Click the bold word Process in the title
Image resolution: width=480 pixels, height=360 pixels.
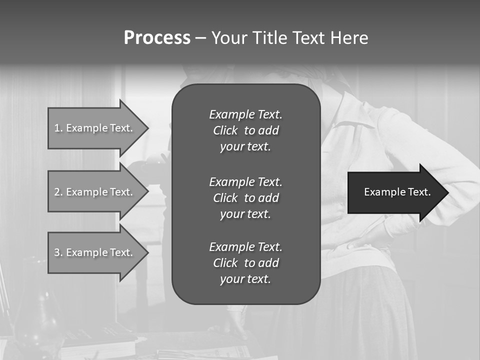[157, 38]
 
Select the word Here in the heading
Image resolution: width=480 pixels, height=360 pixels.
[349, 38]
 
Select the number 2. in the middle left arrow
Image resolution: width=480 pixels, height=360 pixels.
[58, 192]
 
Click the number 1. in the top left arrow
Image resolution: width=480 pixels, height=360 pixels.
[58, 128]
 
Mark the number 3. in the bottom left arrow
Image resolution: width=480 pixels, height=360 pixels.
[58, 252]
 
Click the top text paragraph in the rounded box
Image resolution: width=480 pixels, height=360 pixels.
[245, 130]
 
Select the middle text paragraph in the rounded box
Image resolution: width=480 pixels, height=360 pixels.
[245, 198]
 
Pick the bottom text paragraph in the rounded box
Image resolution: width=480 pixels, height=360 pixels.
[245, 263]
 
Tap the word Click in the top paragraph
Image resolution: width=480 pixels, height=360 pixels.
[225, 131]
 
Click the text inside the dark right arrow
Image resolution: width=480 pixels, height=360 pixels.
[397, 192]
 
